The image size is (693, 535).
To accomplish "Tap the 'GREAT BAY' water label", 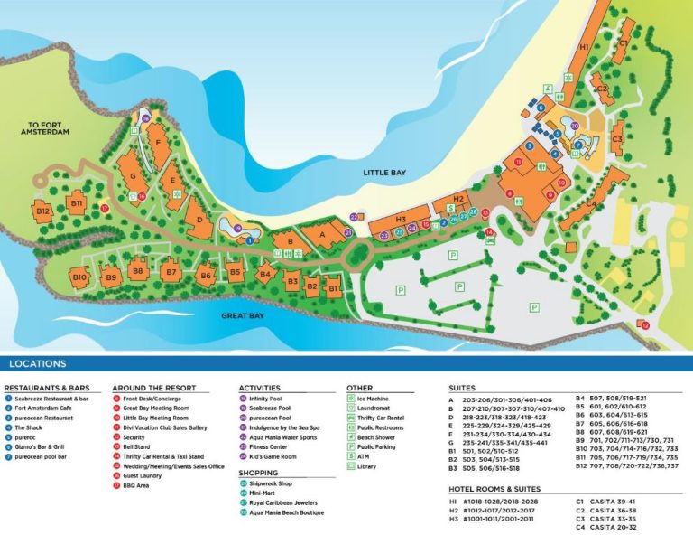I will click(x=243, y=315).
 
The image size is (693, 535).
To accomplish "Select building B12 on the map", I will click(x=42, y=211).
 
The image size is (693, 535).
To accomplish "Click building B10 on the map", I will click(x=79, y=277).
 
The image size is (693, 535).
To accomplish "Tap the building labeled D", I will click(x=199, y=217).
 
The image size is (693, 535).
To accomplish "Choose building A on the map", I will click(x=320, y=236).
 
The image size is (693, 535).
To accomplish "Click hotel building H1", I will click(x=584, y=47).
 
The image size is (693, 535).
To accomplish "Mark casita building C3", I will click(x=617, y=140).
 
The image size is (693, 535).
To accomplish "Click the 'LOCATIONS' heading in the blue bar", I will click(x=37, y=364).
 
